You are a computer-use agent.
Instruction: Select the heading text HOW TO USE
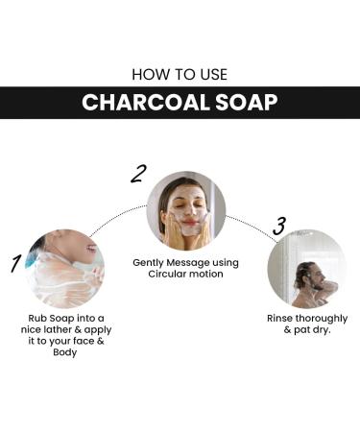point(180,73)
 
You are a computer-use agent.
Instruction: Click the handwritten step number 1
point(16,262)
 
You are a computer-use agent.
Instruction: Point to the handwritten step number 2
point(139,174)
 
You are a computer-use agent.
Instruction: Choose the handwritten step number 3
point(279,227)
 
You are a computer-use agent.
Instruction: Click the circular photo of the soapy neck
point(66,267)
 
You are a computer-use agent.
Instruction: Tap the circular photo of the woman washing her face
point(185,210)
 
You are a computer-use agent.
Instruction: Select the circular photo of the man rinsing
point(306,268)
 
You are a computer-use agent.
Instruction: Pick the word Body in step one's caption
point(66,352)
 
